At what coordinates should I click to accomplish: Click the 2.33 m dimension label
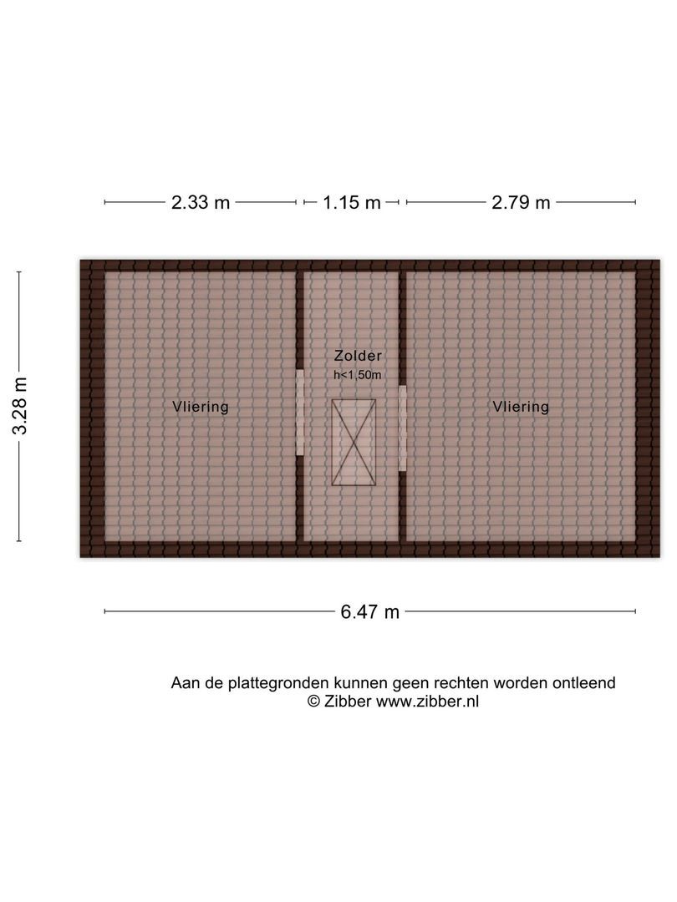point(201,202)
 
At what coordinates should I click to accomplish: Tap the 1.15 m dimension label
point(353,202)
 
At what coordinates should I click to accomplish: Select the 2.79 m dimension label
point(522,202)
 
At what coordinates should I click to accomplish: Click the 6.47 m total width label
point(369,612)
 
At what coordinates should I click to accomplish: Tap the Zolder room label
point(357,356)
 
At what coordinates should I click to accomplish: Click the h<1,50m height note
point(357,375)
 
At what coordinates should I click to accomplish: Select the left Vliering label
point(201,407)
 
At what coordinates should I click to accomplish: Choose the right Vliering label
point(521,407)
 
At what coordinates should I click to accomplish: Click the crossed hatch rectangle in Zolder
point(354,442)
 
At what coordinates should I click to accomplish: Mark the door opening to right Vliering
point(402,428)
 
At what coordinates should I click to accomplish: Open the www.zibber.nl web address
point(427,702)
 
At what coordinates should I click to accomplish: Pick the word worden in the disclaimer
point(522,683)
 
